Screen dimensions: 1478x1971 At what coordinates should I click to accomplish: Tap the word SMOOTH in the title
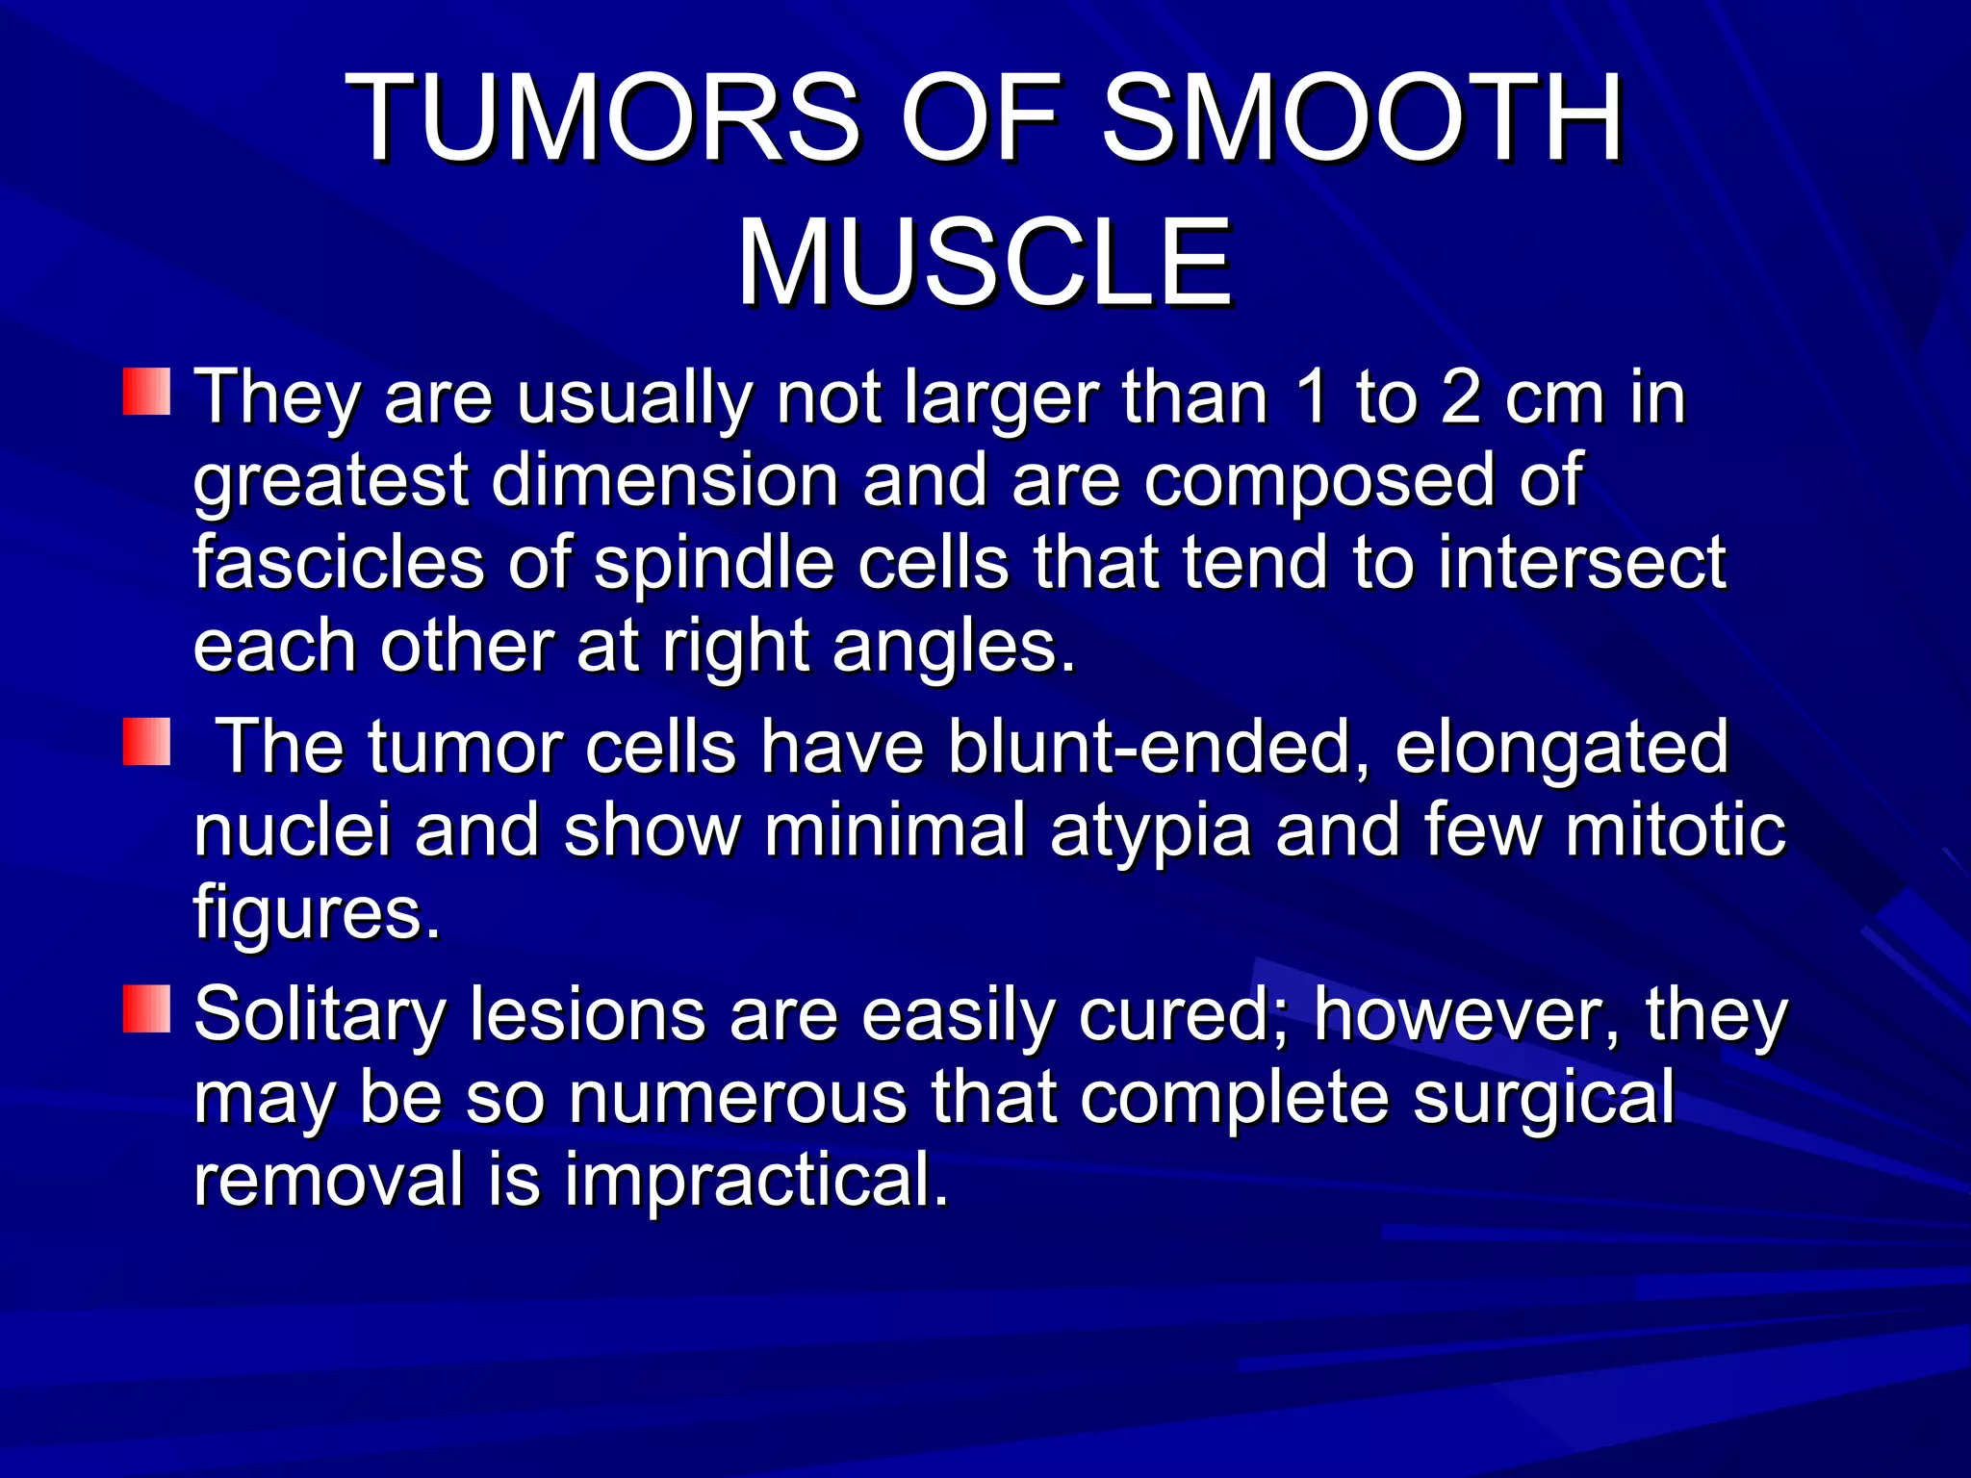click(1361, 120)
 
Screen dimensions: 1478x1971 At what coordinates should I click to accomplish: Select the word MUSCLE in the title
click(984, 263)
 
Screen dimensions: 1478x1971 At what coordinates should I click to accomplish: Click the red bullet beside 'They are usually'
click(146, 391)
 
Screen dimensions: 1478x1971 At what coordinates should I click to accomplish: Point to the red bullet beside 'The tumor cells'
click(146, 742)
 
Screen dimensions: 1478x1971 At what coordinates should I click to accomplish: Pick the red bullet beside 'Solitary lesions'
click(146, 1008)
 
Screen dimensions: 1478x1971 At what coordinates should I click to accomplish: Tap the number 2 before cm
click(1460, 397)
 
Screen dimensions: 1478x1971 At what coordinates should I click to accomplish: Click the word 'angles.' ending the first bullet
click(954, 647)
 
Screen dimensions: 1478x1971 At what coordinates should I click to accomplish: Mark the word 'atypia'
click(1150, 831)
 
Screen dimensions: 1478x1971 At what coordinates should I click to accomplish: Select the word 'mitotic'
click(1675, 831)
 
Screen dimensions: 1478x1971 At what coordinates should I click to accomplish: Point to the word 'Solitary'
click(319, 1016)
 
